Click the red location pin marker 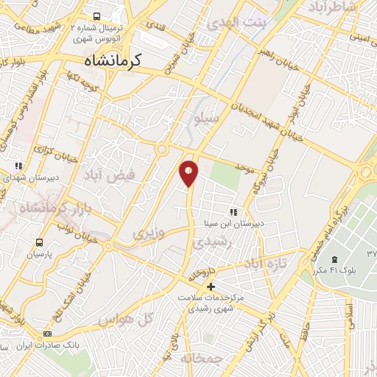point(189,172)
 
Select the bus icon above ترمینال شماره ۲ point(96,15)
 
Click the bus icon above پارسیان point(38,242)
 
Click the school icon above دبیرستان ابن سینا point(233,212)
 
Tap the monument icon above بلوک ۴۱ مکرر point(335,260)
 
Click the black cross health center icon point(211,286)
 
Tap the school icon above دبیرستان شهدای point(18,166)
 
